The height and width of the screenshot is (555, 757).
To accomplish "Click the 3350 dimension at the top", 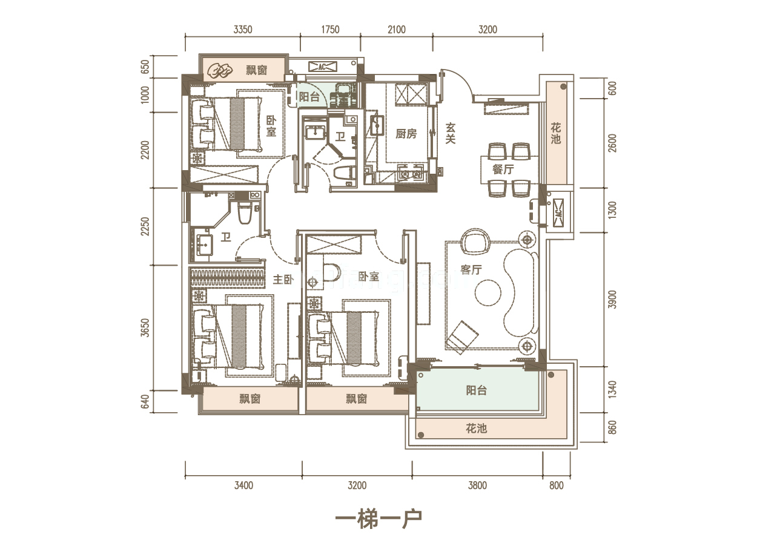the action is point(243,30).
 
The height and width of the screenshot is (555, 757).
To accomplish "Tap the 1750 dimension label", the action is point(330,30).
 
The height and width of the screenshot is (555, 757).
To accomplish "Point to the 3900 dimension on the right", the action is point(612,299).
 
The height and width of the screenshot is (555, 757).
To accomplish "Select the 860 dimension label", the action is point(612,427).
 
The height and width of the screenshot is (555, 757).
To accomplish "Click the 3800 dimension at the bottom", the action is point(478,485).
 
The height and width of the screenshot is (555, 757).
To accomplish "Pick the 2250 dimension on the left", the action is point(145,226).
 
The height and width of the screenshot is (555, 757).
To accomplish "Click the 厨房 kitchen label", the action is point(406,134).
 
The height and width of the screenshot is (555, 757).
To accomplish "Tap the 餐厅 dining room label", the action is point(503,169).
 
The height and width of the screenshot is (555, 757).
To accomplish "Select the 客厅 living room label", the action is point(471,269).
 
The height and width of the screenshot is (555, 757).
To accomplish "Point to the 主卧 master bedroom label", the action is point(283,280).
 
